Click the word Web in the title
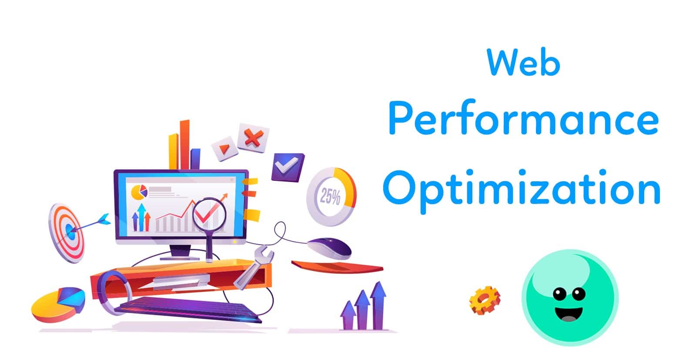click(524, 62)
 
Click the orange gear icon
click(485, 300)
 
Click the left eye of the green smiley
click(559, 294)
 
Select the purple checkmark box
click(288, 167)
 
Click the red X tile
click(253, 138)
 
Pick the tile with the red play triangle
click(224, 148)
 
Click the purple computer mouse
click(329, 248)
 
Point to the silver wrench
click(254, 267)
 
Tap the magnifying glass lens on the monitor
click(209, 214)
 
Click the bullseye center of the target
click(71, 231)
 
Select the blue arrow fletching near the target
click(104, 219)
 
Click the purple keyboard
click(188, 310)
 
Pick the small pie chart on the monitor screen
click(139, 192)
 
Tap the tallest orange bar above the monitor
click(184, 144)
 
